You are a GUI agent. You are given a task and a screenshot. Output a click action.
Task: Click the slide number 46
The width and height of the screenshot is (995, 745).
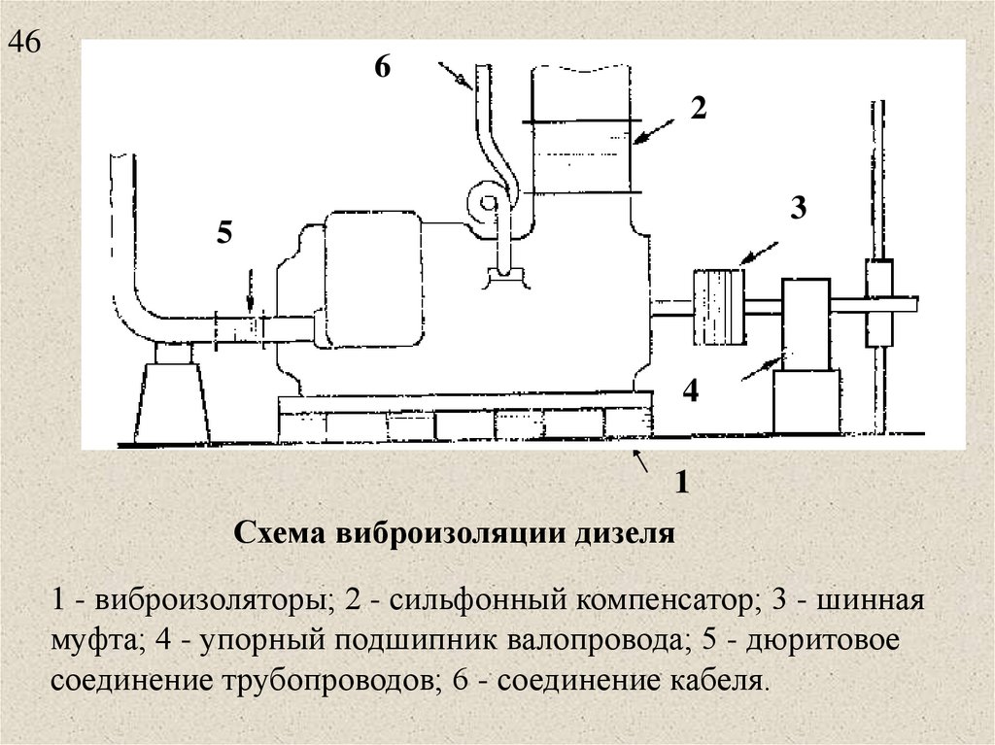click(x=25, y=43)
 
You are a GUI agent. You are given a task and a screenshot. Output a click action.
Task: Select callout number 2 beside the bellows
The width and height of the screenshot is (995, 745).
click(x=698, y=108)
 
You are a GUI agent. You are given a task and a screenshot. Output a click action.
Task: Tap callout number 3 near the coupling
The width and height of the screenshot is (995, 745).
click(x=798, y=208)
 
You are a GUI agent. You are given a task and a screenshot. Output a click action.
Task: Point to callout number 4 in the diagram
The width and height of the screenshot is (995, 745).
click(x=690, y=390)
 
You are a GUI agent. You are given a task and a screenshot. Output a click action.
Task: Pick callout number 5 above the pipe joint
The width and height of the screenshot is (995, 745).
click(x=225, y=233)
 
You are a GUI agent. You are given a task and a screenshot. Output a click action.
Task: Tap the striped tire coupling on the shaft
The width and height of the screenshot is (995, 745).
click(x=718, y=307)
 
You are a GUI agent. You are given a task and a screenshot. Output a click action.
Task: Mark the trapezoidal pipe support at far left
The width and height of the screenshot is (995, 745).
click(x=171, y=400)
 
